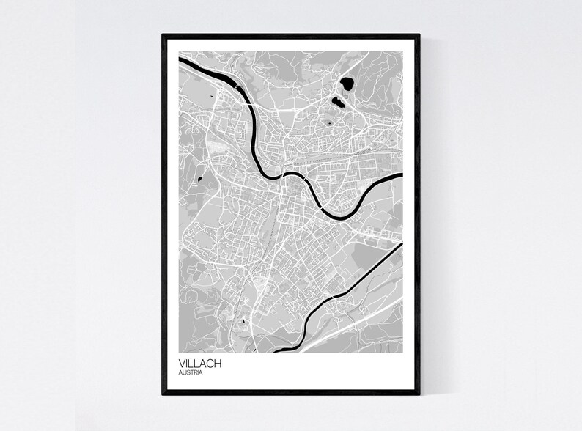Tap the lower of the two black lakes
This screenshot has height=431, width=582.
click(336, 102)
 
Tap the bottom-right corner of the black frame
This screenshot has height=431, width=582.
click(421, 394)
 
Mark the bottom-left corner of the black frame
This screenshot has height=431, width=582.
click(163, 394)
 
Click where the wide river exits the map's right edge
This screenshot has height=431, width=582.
click(402, 176)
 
